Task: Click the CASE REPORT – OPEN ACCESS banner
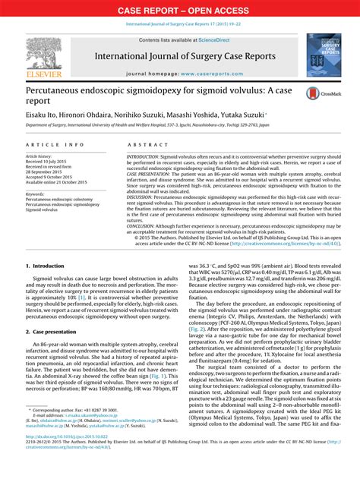(180, 10)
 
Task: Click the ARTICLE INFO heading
(55, 144)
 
